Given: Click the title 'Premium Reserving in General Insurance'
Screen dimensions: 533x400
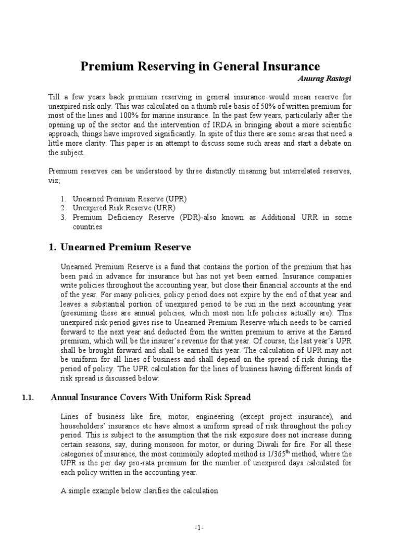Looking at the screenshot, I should [x=199, y=67].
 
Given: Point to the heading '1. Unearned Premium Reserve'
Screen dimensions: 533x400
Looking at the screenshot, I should [x=119, y=247].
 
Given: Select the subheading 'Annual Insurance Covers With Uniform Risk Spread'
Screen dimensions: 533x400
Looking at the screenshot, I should [x=151, y=398].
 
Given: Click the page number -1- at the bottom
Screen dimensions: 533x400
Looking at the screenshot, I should [x=200, y=527].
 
